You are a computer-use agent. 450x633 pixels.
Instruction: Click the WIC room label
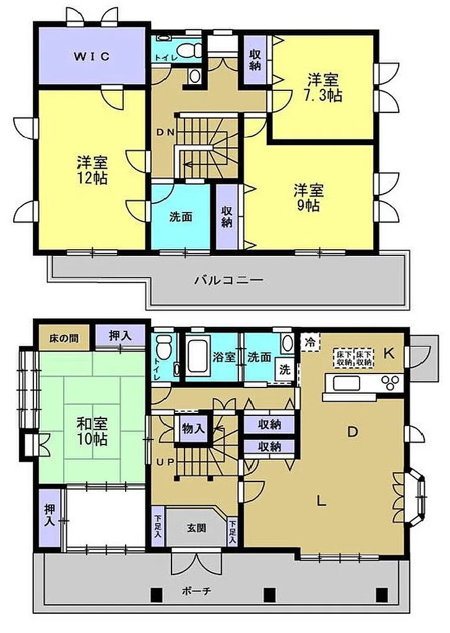click(92, 56)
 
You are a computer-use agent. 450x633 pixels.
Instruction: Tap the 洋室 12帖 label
click(93, 171)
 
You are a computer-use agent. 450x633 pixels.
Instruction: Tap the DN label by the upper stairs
click(165, 132)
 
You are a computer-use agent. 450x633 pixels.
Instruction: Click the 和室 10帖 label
click(92, 431)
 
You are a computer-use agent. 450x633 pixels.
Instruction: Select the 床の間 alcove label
click(64, 338)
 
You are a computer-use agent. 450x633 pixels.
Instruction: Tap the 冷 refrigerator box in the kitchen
click(310, 342)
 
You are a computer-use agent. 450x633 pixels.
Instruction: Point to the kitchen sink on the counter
click(347, 382)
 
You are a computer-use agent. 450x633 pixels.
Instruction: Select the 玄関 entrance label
click(196, 528)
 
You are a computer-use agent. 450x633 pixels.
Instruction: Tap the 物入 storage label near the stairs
click(194, 428)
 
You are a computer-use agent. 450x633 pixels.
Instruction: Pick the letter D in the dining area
click(353, 432)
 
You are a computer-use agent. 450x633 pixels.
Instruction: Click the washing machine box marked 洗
click(285, 370)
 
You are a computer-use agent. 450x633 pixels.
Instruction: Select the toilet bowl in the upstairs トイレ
click(190, 51)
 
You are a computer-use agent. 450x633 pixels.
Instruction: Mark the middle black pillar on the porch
click(270, 594)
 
